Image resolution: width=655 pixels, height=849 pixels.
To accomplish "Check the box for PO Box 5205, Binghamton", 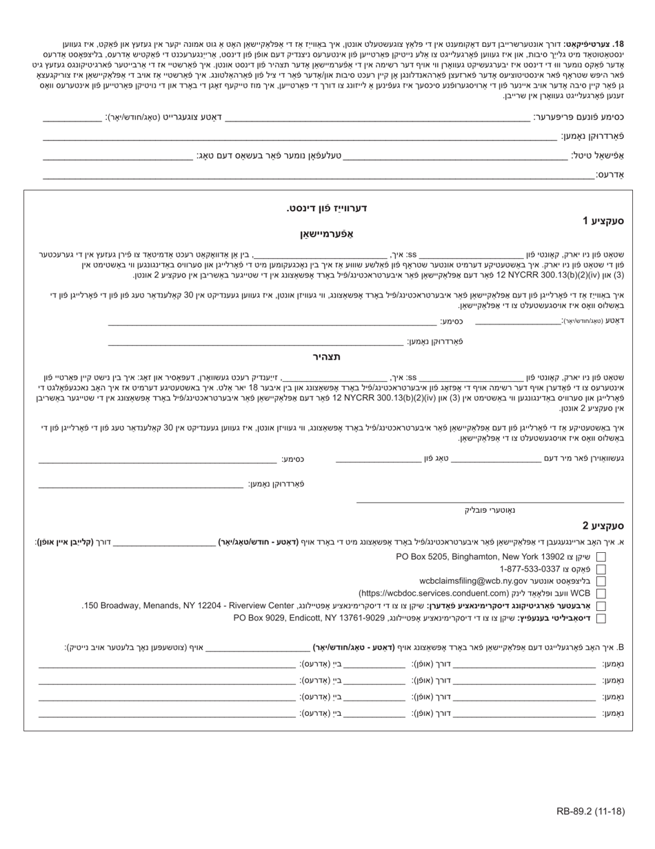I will tap(601, 556).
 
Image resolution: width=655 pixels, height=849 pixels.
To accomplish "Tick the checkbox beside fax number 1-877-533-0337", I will tap(601, 569).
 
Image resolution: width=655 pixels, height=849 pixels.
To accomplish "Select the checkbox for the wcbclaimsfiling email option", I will tap(601, 581).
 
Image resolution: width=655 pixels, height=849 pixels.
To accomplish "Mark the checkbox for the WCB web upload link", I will tap(601, 594).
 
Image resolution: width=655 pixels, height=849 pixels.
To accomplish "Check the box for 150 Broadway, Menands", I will tap(601, 606).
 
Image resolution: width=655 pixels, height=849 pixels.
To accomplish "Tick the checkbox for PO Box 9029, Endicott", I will tap(601, 618).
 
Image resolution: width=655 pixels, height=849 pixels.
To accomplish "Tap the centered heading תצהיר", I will tap(327, 357).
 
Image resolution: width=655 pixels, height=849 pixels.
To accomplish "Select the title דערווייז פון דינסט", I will tap(327, 208).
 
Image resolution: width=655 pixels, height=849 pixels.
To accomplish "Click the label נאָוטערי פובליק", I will tap(490, 510).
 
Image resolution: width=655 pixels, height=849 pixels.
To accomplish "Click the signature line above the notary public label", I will tap(490, 502).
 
